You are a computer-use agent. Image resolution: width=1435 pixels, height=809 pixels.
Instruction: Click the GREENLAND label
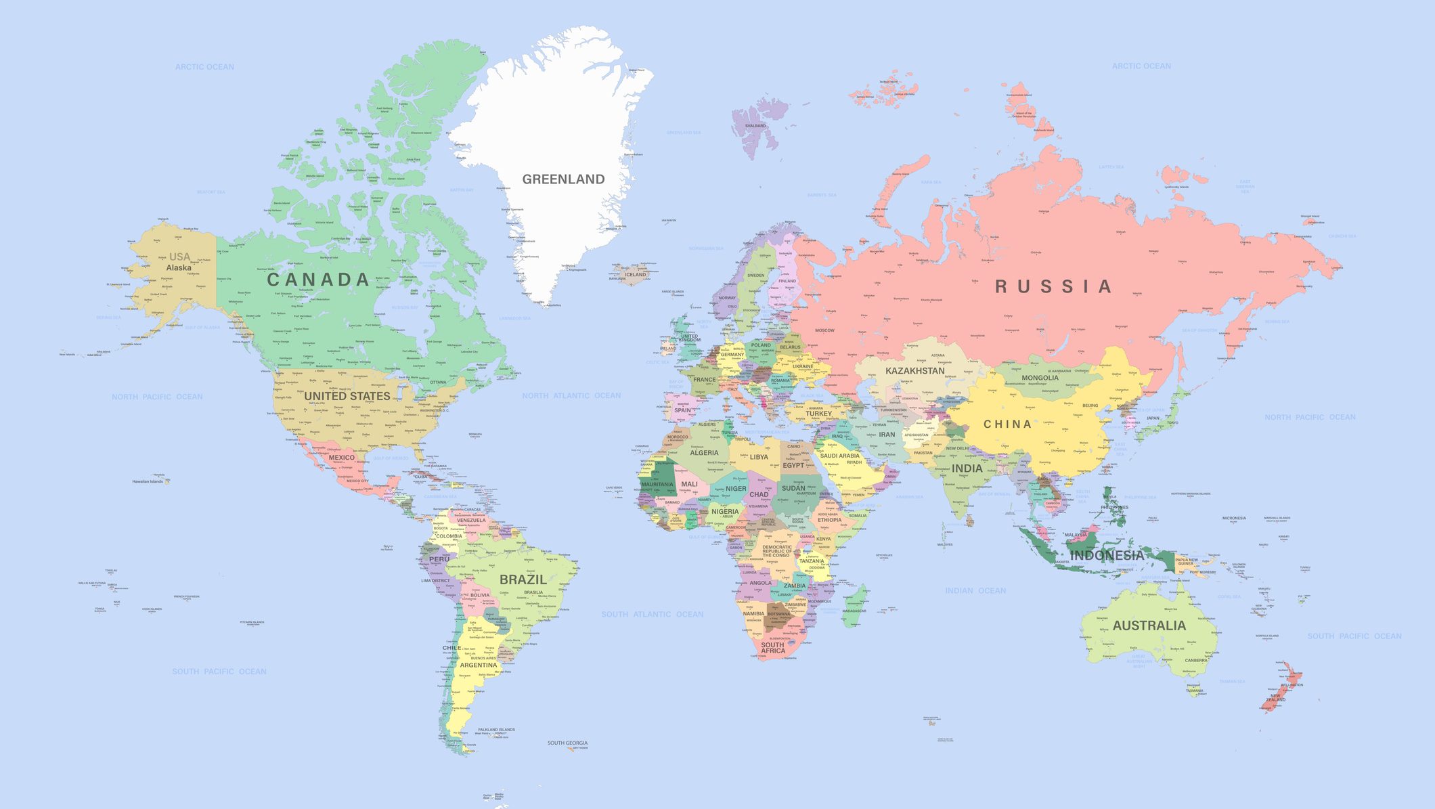[563, 179]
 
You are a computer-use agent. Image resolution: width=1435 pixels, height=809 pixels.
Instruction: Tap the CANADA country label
[318, 280]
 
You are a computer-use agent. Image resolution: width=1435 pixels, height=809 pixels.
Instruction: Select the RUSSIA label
[1053, 286]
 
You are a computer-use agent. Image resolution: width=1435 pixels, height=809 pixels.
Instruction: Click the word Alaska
[179, 268]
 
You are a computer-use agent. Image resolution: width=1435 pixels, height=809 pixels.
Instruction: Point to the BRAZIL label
[523, 580]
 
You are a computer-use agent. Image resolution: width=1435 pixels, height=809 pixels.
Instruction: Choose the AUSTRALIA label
[1149, 626]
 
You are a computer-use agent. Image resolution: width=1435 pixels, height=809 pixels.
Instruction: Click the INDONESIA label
[1107, 555]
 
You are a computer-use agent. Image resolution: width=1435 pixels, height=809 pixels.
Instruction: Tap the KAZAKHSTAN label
[914, 371]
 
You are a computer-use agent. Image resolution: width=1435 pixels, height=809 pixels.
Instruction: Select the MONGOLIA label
[1040, 378]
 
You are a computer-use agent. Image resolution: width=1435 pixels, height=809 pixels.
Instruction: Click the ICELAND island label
[635, 275]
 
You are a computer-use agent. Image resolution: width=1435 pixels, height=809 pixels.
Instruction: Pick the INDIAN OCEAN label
[975, 591]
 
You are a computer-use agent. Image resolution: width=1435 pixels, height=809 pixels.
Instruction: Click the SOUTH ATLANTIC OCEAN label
[653, 615]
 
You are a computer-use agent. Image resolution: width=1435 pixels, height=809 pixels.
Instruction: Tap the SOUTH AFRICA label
[772, 648]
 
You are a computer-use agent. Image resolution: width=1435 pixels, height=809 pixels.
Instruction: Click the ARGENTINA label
[479, 665]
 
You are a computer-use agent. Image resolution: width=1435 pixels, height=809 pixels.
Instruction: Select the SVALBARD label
[755, 126]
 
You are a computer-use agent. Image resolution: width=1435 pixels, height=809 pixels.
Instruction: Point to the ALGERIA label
[704, 453]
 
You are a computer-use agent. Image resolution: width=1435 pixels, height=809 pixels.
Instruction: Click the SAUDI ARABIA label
[839, 456]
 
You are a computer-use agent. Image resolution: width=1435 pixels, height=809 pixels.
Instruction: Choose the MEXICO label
[341, 458]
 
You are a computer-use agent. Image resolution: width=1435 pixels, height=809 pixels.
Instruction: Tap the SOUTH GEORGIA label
[567, 743]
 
